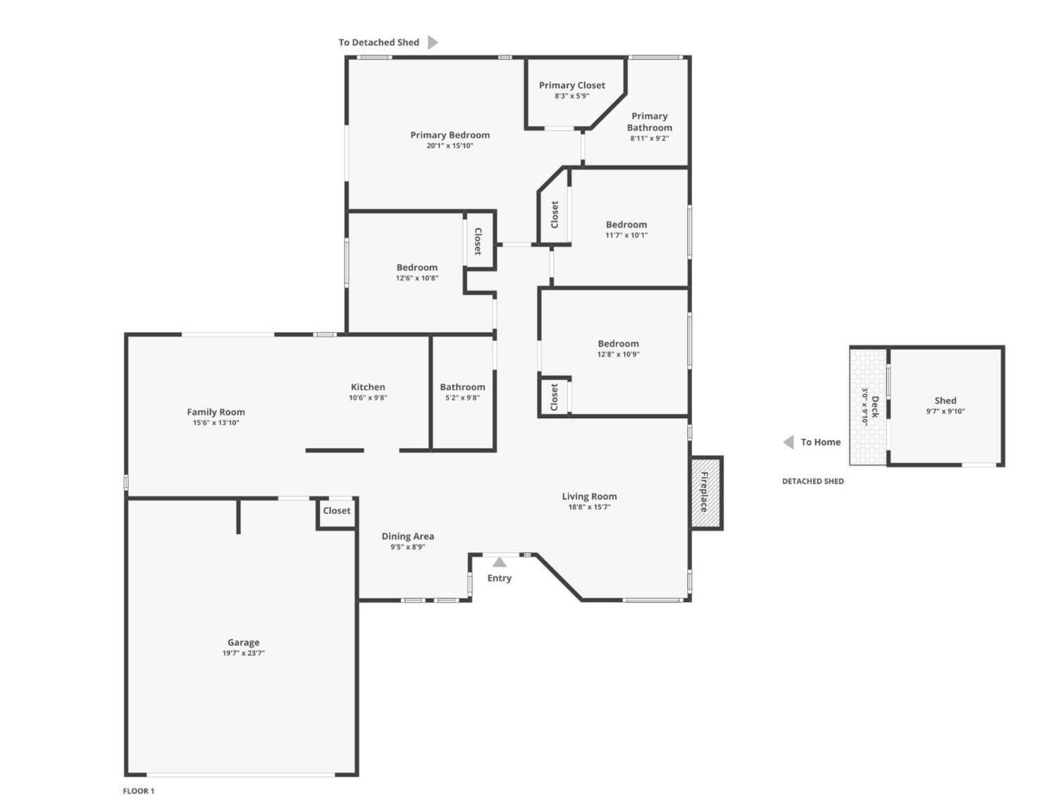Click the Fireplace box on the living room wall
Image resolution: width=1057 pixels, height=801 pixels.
pos(705,492)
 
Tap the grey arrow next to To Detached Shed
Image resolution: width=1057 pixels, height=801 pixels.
pos(433,42)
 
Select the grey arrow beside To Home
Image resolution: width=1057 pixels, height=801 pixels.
pos(789,442)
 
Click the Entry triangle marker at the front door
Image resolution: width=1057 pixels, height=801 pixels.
pos(499,562)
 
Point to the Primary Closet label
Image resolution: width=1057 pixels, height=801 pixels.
pos(571,85)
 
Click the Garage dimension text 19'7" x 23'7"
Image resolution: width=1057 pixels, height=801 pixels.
pos(243,654)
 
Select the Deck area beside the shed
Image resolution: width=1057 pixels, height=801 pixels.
pos(868,407)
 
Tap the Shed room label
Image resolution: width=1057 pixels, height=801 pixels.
pos(945,400)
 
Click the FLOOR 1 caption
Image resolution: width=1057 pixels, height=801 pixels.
pos(139,791)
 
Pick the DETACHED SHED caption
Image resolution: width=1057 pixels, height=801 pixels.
pos(812,482)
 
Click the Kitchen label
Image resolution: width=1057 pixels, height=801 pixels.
pos(368,387)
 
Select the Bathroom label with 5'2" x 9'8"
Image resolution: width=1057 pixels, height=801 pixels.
pos(462,387)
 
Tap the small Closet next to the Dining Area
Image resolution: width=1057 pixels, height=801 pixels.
pos(336,511)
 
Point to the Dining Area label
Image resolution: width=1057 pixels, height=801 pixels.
pos(407,537)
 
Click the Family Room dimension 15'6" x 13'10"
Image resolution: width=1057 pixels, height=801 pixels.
pos(216,423)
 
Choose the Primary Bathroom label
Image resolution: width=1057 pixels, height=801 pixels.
pos(649,122)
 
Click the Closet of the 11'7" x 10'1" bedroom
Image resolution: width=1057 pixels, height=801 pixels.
pos(555,214)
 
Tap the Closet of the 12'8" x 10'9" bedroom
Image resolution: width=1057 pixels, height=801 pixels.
pos(555,397)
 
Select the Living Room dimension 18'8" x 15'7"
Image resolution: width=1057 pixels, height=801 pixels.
pos(589,507)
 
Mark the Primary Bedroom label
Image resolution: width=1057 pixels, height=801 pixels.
pos(450,135)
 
